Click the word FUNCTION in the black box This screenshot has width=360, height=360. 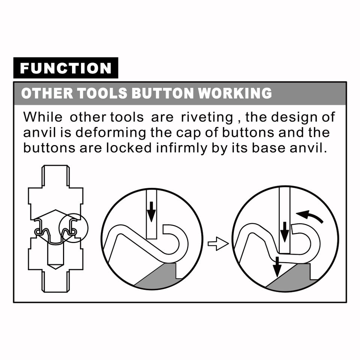pos(66,68)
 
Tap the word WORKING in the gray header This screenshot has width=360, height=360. pos(235,93)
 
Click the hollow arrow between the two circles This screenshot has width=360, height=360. pos(218,244)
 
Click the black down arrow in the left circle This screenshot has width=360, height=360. pos(151,211)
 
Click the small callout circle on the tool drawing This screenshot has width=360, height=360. pos(73,228)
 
